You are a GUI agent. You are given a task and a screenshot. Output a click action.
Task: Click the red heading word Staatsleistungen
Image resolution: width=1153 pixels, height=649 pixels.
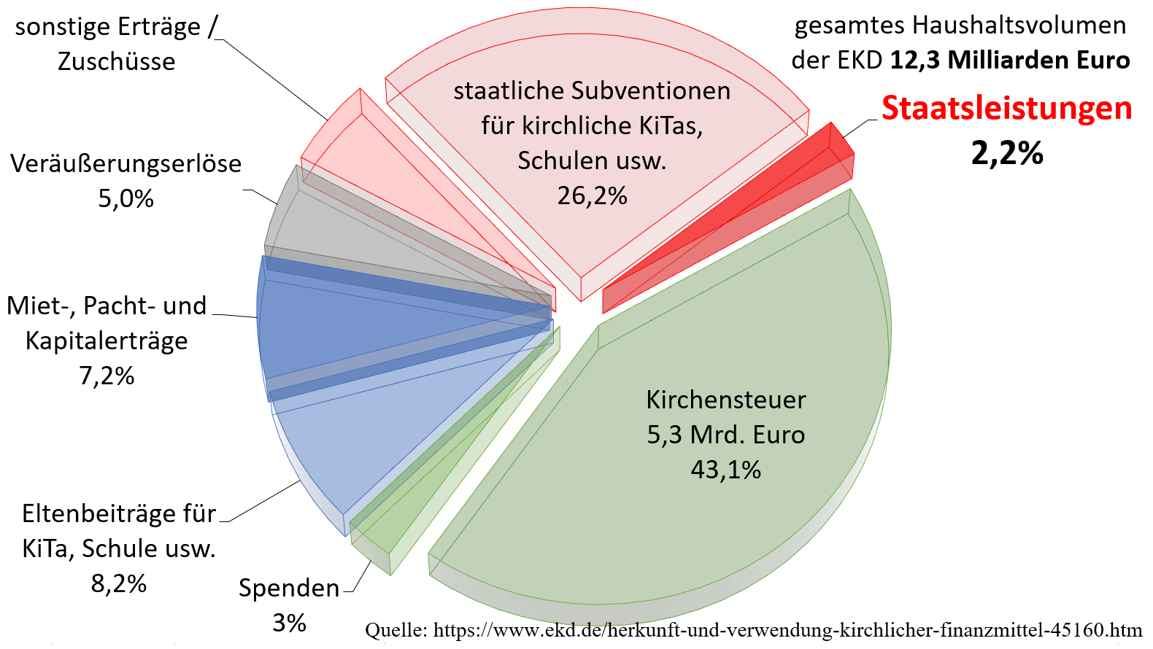point(1006,108)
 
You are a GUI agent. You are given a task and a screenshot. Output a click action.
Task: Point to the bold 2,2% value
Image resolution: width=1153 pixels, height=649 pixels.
point(1006,153)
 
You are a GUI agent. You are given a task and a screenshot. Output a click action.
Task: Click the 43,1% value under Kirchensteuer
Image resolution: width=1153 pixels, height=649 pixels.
point(725,470)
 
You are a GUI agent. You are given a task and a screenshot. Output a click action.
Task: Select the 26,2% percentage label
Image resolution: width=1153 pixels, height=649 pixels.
point(592,195)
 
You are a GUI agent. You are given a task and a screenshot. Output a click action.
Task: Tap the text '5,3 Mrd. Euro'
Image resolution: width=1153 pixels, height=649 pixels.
point(725,435)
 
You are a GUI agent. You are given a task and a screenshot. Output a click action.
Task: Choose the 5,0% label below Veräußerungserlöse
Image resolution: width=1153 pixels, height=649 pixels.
point(126,198)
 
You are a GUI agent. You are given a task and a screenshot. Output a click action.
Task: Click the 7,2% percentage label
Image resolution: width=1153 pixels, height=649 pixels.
point(107,376)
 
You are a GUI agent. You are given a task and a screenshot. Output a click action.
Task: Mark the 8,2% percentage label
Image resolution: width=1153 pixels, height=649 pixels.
point(118,583)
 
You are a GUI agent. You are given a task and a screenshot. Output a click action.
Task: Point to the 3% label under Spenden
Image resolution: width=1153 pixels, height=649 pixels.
point(289,623)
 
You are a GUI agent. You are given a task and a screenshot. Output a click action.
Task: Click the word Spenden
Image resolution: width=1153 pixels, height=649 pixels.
point(289,588)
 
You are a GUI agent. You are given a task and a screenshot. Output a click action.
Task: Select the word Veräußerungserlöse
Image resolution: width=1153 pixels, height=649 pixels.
point(126,163)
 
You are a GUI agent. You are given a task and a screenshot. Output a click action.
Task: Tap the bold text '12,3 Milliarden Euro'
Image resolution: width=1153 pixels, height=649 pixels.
point(1010,60)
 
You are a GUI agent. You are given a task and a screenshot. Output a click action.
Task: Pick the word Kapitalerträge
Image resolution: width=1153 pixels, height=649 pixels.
point(107,341)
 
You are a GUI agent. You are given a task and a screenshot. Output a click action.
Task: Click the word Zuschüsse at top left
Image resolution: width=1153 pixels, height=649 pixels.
point(117,61)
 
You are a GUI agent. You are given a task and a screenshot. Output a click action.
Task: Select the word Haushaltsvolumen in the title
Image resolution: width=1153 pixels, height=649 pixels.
point(1019,26)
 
